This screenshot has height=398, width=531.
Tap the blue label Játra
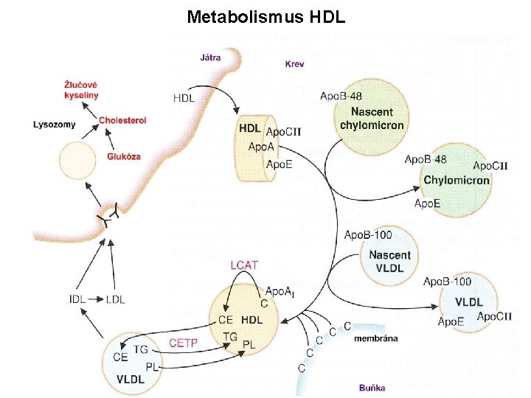[x=210, y=57]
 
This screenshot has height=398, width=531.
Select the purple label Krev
[x=294, y=64]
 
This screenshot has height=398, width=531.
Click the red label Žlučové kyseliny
[x=80, y=90]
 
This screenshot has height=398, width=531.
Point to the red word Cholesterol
[x=122, y=120]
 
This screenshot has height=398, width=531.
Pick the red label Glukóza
[x=123, y=156]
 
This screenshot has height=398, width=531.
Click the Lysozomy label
[x=55, y=125]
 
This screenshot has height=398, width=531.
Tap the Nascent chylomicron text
[x=372, y=119]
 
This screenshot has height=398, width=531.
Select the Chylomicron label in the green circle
[x=457, y=180]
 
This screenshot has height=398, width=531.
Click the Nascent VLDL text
[x=391, y=262]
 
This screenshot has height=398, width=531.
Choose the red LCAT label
[x=244, y=265]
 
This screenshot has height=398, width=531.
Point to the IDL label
[x=77, y=299]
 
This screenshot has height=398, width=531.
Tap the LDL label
[x=116, y=299]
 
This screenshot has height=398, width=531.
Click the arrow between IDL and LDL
[x=96, y=299]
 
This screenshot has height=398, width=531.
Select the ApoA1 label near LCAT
[x=279, y=291]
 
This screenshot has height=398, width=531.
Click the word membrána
[x=376, y=338]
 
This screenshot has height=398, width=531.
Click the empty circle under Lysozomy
[x=77, y=161]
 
